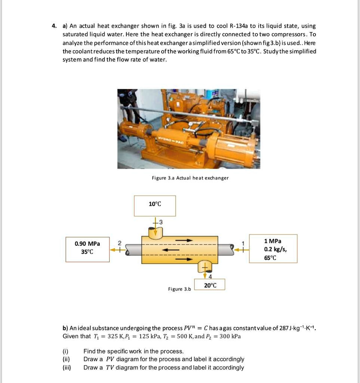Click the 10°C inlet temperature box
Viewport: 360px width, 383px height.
coord(155,206)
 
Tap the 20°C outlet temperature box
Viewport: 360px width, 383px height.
coord(210,285)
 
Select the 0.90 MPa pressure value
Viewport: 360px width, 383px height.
coord(87,244)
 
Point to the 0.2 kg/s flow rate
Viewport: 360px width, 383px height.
coord(275,249)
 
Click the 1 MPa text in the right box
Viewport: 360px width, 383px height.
coord(273,241)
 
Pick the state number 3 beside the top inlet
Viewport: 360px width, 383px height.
coord(161,222)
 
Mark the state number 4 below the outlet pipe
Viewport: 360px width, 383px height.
coord(210,276)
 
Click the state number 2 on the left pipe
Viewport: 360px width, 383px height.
coord(120,243)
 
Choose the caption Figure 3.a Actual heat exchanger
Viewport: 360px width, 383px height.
coord(190,178)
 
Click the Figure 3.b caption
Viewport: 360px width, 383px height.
coord(179,289)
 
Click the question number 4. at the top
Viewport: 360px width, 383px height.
coord(54,26)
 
